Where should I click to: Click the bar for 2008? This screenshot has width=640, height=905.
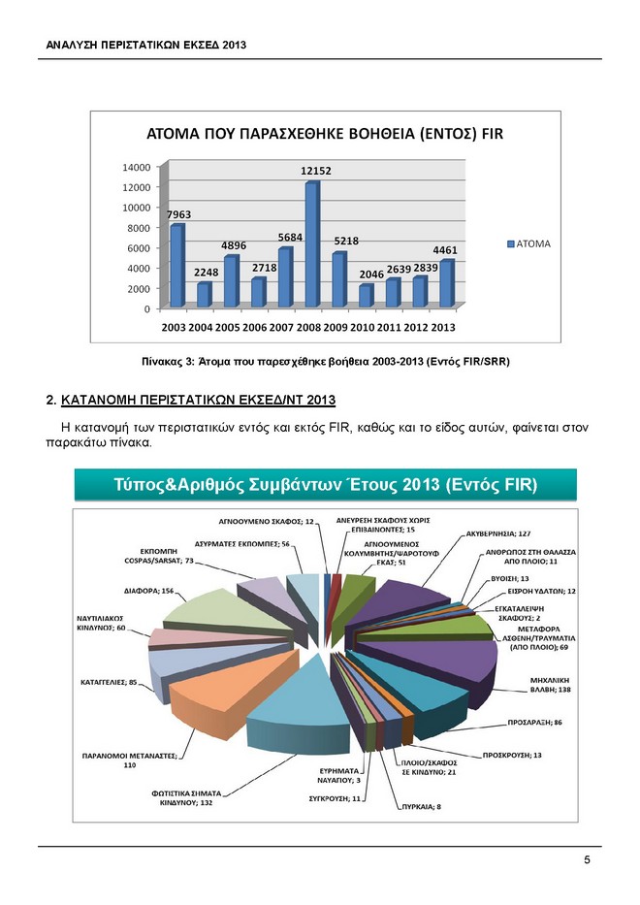pyautogui.click(x=311, y=245)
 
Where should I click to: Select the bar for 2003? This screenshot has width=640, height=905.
pyautogui.click(x=176, y=266)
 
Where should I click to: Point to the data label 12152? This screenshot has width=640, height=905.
pyautogui.click(x=316, y=171)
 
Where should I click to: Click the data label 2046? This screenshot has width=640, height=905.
pyautogui.click(x=372, y=275)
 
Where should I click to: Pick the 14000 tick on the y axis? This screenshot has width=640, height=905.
pyautogui.click(x=136, y=167)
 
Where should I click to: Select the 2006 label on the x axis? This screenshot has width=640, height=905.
pyautogui.click(x=257, y=327)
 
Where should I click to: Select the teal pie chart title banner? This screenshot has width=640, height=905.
pyautogui.click(x=325, y=484)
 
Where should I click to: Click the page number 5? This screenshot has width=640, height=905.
pyautogui.click(x=587, y=860)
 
